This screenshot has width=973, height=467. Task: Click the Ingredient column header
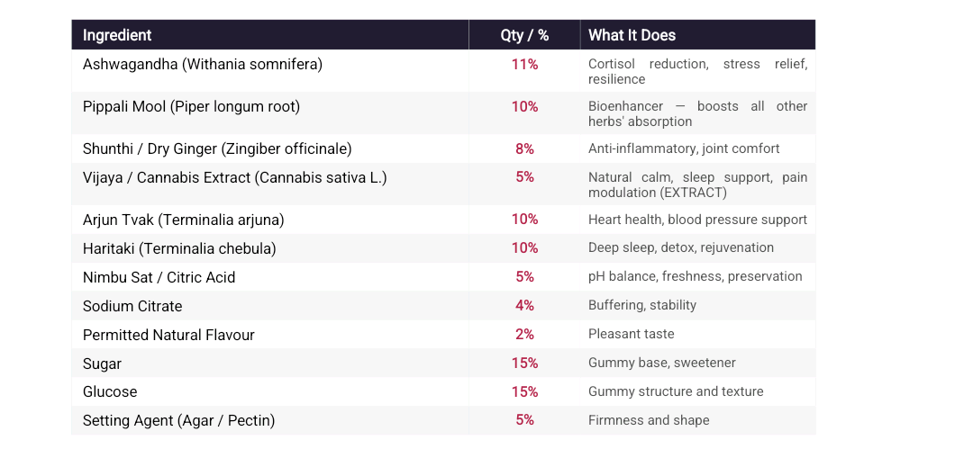(x=117, y=35)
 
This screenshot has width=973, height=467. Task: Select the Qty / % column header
(x=524, y=35)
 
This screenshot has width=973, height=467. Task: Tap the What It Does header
(x=632, y=35)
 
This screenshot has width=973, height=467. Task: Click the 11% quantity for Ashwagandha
(x=524, y=65)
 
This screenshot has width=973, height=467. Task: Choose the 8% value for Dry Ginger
(x=524, y=149)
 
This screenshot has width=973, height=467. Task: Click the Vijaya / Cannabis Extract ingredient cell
(x=234, y=178)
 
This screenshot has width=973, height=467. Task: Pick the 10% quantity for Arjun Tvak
(x=524, y=220)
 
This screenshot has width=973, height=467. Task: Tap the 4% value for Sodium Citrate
(x=524, y=306)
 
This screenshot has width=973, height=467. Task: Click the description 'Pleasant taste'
(x=631, y=334)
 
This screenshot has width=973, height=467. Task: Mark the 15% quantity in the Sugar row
(x=524, y=364)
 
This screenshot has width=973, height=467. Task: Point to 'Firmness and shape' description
(x=649, y=420)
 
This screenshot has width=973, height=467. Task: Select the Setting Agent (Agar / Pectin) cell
(x=178, y=421)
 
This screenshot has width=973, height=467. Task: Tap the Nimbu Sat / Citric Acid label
(x=159, y=277)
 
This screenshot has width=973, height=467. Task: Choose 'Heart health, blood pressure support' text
(x=697, y=220)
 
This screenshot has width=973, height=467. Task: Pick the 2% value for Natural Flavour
(x=524, y=335)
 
